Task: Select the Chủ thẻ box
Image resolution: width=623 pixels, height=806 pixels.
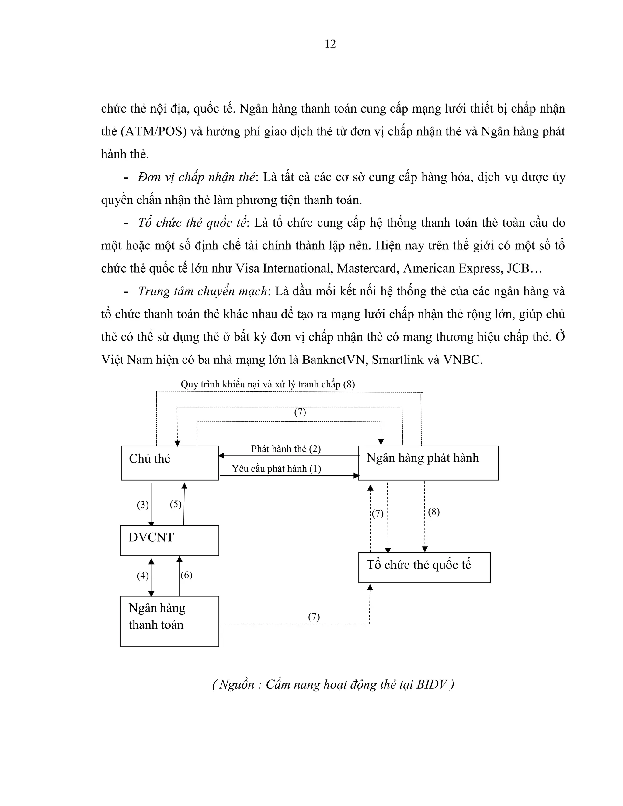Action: coord(169,463)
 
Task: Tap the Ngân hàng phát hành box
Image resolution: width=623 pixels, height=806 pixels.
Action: coord(428,463)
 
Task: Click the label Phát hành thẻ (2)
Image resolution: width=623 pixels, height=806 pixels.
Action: coord(286,449)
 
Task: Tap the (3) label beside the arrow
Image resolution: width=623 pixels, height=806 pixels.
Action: coord(143,505)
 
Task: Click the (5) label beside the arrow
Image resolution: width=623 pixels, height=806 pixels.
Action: coord(176,504)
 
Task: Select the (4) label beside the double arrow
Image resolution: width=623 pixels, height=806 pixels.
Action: coord(143,575)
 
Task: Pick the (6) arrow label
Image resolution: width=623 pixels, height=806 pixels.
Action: coord(186,575)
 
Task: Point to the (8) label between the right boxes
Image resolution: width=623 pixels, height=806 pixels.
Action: coord(434,512)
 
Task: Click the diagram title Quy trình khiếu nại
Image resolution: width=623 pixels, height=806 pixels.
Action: coord(268,384)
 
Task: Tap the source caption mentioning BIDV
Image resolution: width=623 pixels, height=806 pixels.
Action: coord(333,685)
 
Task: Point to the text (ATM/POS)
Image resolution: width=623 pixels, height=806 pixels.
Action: coord(154,132)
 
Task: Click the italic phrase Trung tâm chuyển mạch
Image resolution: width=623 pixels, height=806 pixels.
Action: coord(203,292)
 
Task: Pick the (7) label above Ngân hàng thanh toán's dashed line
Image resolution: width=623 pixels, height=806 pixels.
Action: coord(314,617)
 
